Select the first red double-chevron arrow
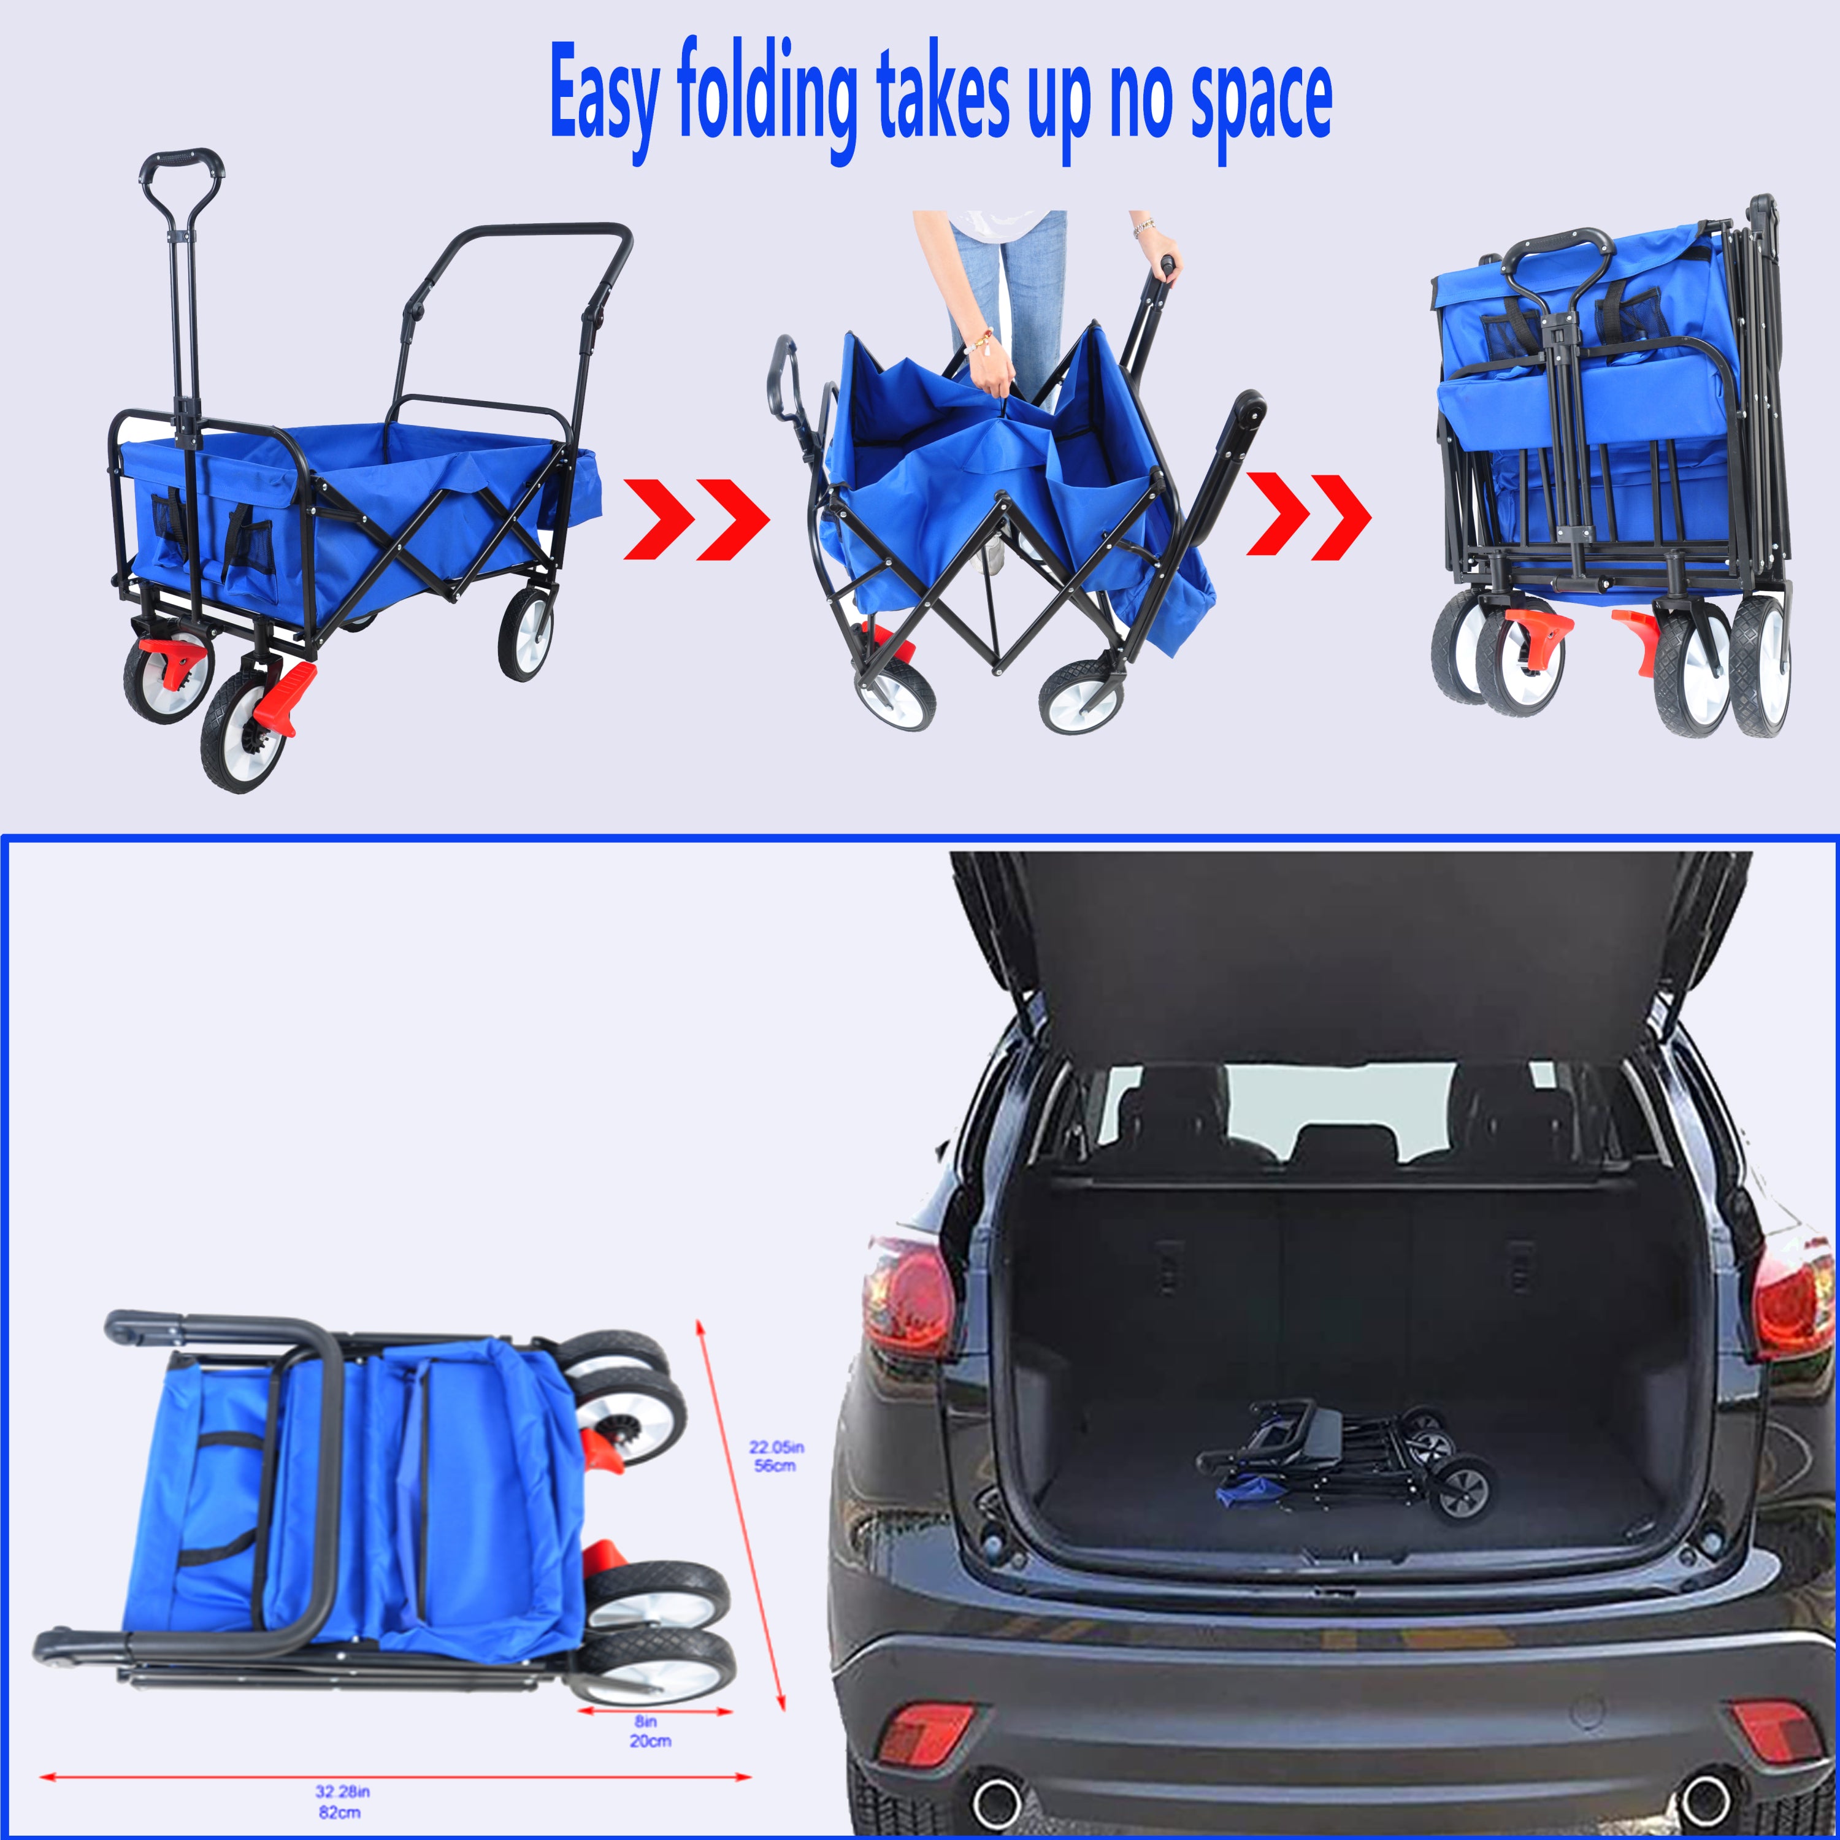pos(696,519)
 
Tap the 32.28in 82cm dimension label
pos(341,1801)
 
